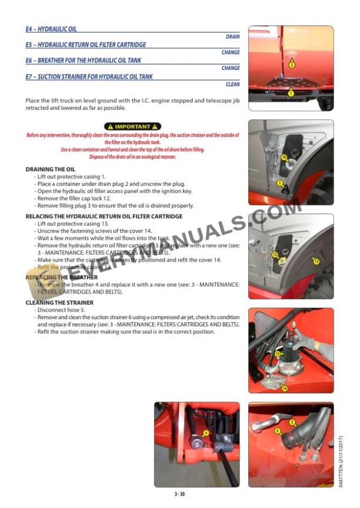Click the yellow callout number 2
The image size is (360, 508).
click(292, 65)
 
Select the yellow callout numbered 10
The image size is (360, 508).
click(284, 158)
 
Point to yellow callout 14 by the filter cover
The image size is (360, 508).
click(285, 388)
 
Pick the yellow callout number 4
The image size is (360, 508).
click(205, 433)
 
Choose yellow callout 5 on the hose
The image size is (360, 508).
click(292, 422)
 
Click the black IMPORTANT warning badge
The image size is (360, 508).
click(132, 126)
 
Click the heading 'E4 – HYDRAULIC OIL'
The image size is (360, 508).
click(51, 29)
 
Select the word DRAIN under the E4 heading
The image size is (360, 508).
click(232, 36)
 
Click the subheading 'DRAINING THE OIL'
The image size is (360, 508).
click(51, 169)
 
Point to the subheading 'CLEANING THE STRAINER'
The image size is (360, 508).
click(59, 303)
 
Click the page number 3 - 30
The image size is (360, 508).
click(179, 494)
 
